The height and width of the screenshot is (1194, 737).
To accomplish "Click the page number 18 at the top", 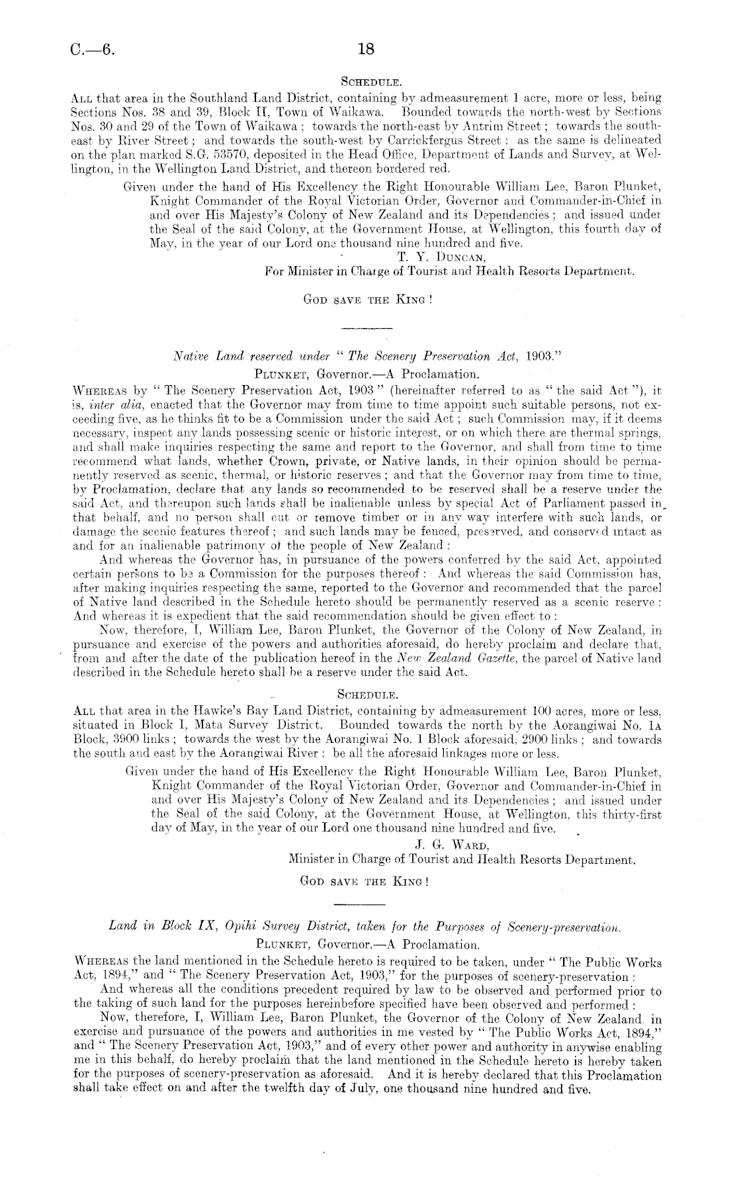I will coord(367,49).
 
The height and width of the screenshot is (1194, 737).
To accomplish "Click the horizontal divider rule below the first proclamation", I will coord(366,328).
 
